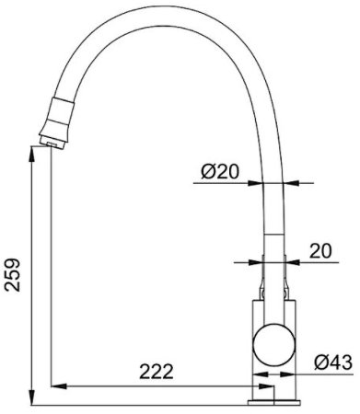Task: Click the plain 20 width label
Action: (x=319, y=251)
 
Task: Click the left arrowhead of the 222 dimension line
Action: (x=53, y=384)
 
